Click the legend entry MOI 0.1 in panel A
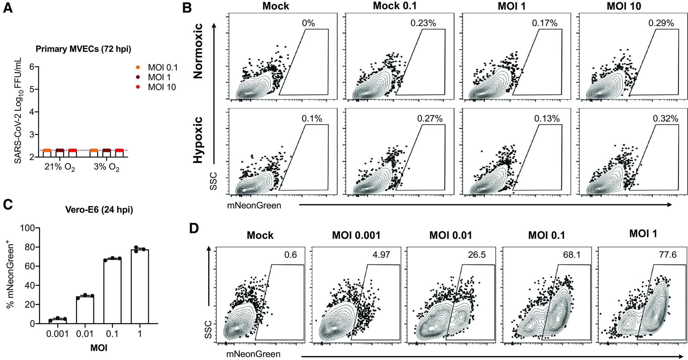pos(162,68)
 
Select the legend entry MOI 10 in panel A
pos(162,87)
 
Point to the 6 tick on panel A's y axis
pos(32,67)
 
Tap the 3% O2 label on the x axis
pos(106,168)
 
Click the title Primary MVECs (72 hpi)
pos(83,49)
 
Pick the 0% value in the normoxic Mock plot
pos(308,23)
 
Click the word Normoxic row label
pos(199,51)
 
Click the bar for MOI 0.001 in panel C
pos(58,321)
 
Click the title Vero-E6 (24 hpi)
pos(99,210)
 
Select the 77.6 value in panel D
pos(668,255)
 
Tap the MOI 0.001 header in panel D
pos(356,236)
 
